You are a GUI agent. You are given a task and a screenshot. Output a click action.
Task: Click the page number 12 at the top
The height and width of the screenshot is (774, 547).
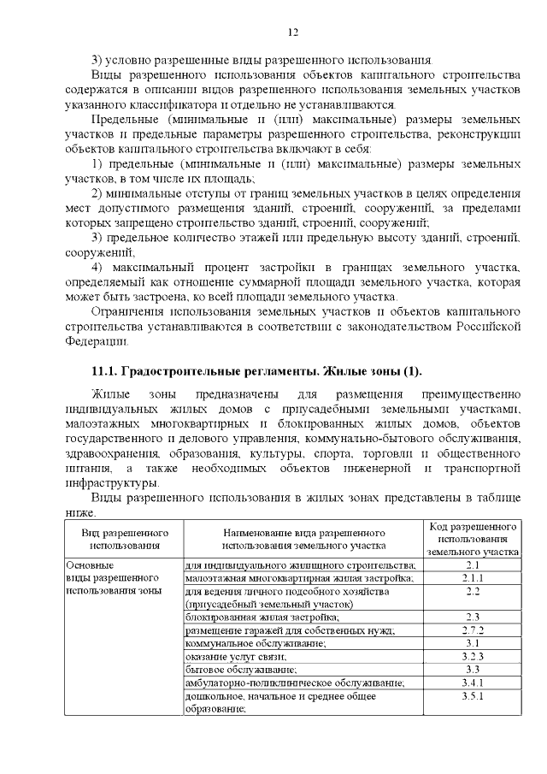291,32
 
